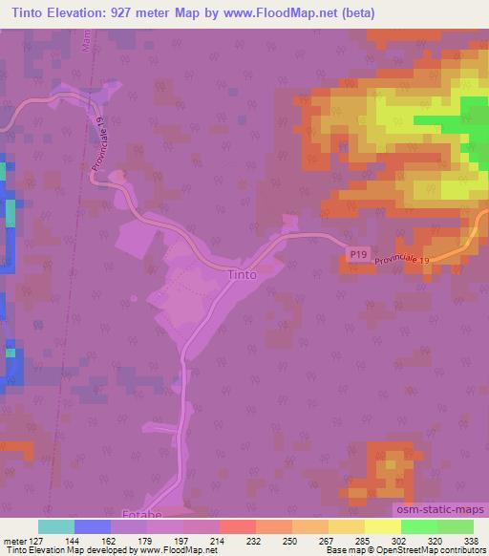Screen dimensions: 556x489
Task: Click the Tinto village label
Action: point(243,274)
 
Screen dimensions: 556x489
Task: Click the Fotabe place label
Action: point(142,515)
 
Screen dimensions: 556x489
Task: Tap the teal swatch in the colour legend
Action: point(55,526)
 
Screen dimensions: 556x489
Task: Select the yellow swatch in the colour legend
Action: point(382,526)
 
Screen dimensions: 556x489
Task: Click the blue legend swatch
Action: point(92,526)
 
